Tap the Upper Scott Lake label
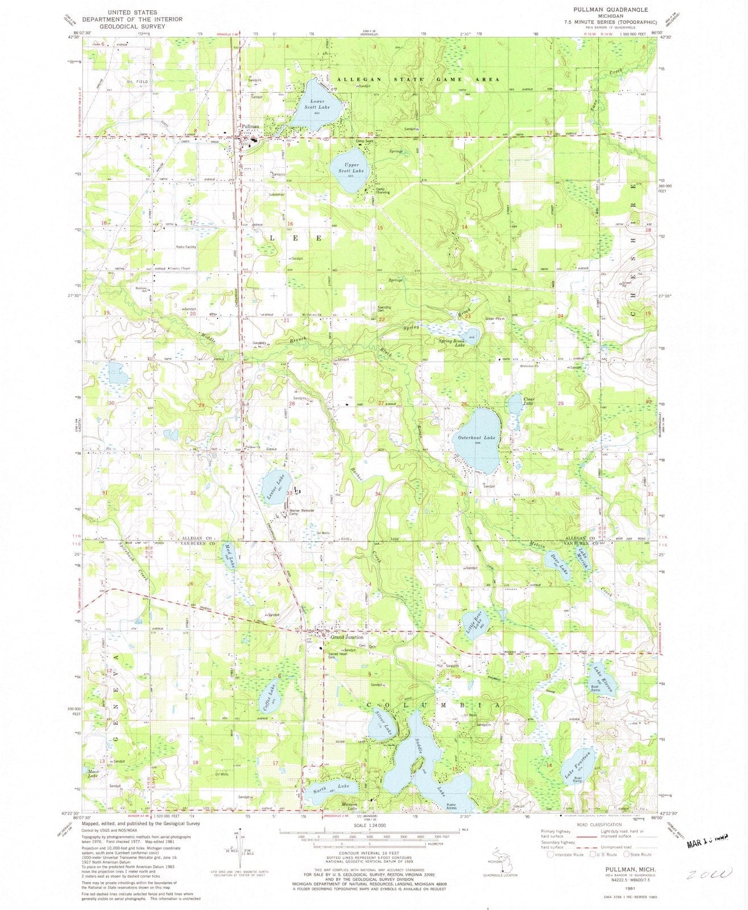pos(350,168)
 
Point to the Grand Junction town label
pos(347,637)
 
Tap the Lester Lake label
pos(272,488)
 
